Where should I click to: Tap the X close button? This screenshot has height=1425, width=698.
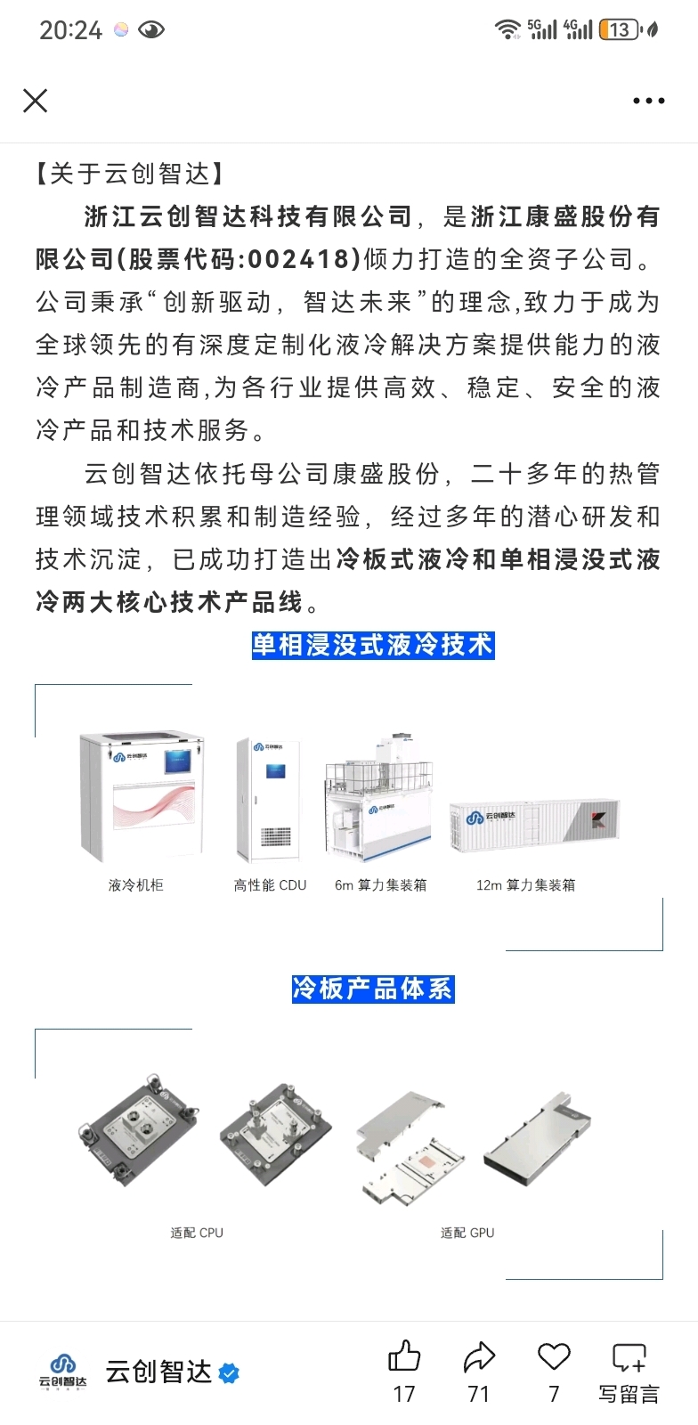point(35,101)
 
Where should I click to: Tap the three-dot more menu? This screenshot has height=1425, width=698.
point(648,101)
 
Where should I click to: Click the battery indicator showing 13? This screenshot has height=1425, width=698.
point(620,29)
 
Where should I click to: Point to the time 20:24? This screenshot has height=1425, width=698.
point(70,30)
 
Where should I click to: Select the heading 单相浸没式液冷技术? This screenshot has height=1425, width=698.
point(373,645)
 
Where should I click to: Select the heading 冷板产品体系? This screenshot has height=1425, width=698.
point(373,989)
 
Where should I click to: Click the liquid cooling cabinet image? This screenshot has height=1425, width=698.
point(142,795)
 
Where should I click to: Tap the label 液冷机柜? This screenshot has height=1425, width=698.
point(136,885)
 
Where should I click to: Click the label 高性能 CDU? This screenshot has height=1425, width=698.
point(270,885)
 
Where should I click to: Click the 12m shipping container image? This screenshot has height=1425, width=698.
point(534,825)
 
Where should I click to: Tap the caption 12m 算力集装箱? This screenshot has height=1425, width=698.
point(525,885)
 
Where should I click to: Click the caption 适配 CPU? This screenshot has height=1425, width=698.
point(197,1233)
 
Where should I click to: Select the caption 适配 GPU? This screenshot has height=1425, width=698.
point(467,1233)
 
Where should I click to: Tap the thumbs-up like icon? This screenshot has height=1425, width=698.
point(404,1355)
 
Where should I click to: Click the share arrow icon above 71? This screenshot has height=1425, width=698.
point(479,1356)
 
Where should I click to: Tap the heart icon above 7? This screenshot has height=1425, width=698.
point(554,1356)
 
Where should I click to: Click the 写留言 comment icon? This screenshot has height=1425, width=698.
point(629,1357)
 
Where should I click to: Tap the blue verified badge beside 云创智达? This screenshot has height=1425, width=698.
point(229,1373)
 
